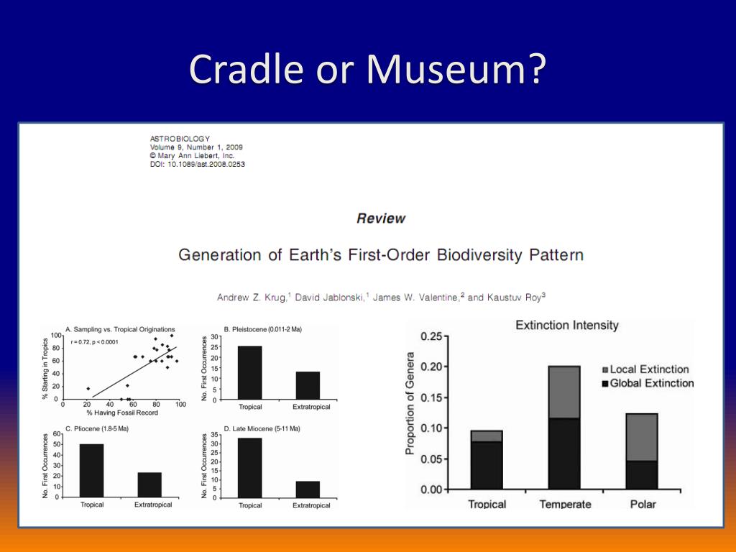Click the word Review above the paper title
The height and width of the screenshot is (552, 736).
pyautogui.click(x=381, y=218)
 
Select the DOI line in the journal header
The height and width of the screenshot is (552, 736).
pyautogui.click(x=197, y=165)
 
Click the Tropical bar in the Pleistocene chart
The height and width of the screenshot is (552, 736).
pyautogui.click(x=249, y=373)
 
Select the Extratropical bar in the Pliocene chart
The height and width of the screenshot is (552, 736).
pyautogui.click(x=149, y=485)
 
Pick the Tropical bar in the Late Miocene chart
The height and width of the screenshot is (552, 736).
pyautogui.click(x=249, y=468)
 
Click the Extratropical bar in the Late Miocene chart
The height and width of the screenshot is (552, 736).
pyautogui.click(x=308, y=489)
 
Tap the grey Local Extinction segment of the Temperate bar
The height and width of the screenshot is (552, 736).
pyautogui.click(x=564, y=392)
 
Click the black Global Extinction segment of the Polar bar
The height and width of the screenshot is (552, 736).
pyautogui.click(x=642, y=475)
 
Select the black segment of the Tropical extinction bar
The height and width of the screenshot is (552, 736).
pyautogui.click(x=487, y=466)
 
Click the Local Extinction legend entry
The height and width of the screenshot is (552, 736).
pyautogui.click(x=645, y=369)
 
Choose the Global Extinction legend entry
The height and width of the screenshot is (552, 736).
pyautogui.click(x=648, y=384)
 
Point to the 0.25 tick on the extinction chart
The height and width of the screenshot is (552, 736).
pyautogui.click(x=431, y=336)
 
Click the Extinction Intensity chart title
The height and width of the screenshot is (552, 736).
pyautogui.click(x=567, y=326)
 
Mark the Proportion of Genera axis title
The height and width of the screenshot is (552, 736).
pyautogui.click(x=410, y=404)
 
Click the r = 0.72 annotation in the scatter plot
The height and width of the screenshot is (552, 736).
pyautogui.click(x=94, y=342)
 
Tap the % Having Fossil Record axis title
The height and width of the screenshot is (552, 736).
pyautogui.click(x=122, y=413)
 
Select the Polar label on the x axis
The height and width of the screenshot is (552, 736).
pyautogui.click(x=643, y=504)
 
